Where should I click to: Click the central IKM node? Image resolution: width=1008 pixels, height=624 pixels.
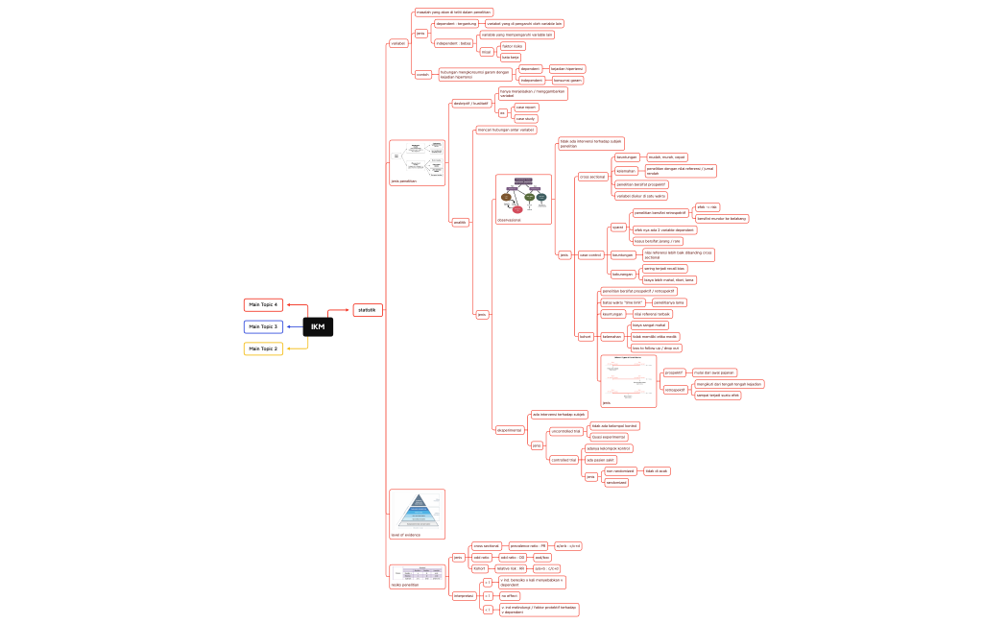318,327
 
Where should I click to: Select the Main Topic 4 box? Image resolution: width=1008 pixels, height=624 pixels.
263,305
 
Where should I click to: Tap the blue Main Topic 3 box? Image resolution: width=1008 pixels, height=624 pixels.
263,327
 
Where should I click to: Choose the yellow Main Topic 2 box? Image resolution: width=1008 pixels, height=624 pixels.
263,349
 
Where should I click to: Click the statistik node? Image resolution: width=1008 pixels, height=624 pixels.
367,310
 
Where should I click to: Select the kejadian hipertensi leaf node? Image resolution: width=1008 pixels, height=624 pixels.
566,69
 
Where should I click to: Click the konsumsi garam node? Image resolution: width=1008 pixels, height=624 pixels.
568,81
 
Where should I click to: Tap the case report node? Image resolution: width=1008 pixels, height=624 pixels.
525,108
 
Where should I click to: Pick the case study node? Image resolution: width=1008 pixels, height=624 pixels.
525,119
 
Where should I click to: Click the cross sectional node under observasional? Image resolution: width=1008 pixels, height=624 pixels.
592,177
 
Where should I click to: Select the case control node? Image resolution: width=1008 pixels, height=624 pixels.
590,255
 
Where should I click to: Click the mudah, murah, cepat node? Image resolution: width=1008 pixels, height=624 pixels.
666,157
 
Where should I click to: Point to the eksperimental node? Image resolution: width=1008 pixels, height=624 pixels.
509,430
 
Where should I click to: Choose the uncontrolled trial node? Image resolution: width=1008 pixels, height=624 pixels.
565,431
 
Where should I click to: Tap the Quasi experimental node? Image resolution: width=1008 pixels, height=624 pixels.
608,437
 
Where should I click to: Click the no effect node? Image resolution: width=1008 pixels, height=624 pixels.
510,596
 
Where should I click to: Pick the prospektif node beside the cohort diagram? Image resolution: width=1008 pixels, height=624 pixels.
674,372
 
